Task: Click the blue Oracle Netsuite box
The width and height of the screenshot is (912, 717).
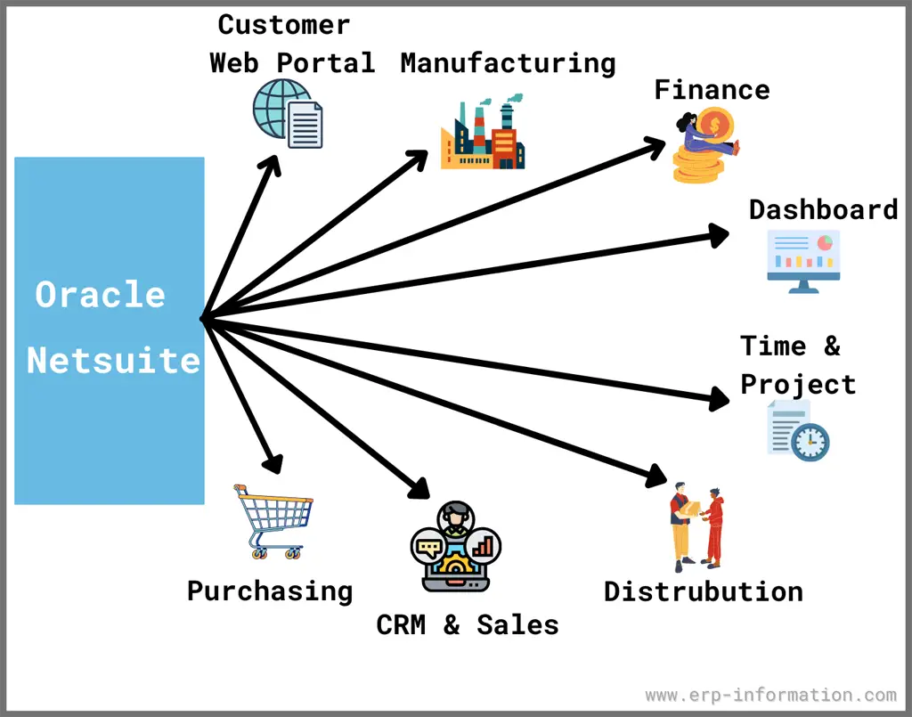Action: pyautogui.click(x=109, y=330)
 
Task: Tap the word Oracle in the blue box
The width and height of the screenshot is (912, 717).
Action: pyautogui.click(x=100, y=295)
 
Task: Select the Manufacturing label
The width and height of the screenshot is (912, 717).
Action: pyautogui.click(x=508, y=63)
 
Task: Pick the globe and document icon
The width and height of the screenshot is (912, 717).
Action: pyautogui.click(x=288, y=114)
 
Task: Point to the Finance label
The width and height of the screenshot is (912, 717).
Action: pyautogui.click(x=712, y=89)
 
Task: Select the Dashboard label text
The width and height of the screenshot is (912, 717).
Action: pyautogui.click(x=823, y=209)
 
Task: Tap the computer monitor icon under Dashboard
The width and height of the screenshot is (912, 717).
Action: pyautogui.click(x=803, y=261)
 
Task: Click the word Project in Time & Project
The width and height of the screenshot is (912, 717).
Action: pyautogui.click(x=798, y=384)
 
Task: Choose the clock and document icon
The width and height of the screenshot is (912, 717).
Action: pyautogui.click(x=799, y=431)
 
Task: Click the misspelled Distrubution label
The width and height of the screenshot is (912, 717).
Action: pyautogui.click(x=703, y=591)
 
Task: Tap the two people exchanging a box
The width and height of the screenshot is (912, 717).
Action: pyautogui.click(x=696, y=527)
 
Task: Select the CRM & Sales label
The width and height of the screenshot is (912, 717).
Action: pyautogui.click(x=468, y=624)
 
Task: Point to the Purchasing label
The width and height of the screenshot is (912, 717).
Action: pyautogui.click(x=270, y=591)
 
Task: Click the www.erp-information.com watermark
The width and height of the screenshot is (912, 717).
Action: pyautogui.click(x=770, y=695)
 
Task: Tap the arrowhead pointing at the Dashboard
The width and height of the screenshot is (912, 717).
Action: pyautogui.click(x=720, y=234)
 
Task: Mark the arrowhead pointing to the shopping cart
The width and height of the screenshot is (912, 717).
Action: pyautogui.click(x=273, y=463)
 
